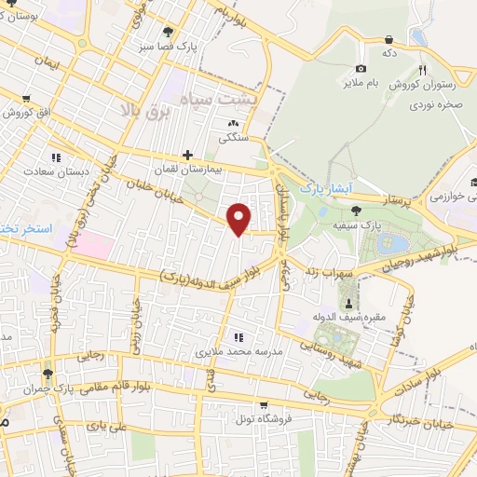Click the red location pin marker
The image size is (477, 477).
point(239,218)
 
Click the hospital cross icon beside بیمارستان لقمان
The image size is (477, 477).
point(188,155)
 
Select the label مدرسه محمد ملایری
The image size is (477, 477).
point(226,353)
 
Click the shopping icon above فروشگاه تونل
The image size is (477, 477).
point(266,405)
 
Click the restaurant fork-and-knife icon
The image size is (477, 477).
point(422,71)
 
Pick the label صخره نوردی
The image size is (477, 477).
point(436,105)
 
